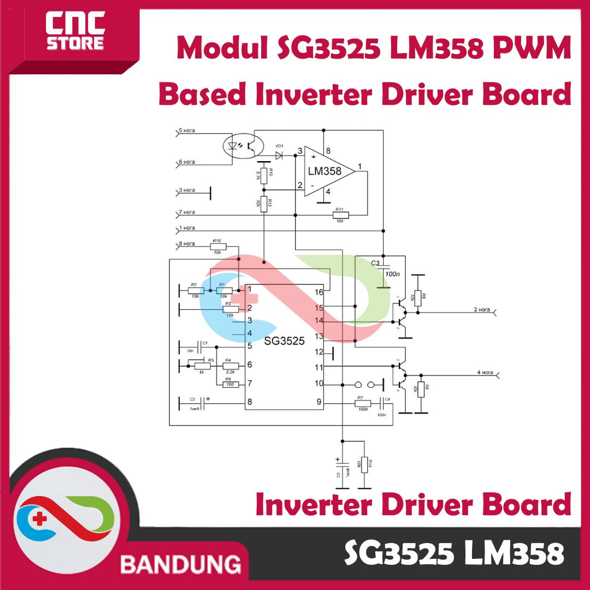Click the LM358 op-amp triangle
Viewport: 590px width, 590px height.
(x=328, y=171)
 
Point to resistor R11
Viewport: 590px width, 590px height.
(x=340, y=216)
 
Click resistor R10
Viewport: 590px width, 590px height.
(x=217, y=247)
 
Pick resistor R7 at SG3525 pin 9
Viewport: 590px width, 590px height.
(x=362, y=404)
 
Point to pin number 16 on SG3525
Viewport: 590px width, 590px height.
(x=319, y=292)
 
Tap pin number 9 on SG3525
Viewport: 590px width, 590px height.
(x=319, y=403)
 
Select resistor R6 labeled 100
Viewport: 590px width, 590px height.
(x=231, y=385)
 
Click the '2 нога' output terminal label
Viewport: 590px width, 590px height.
(x=482, y=310)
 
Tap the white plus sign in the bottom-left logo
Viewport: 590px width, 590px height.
(x=40, y=519)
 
